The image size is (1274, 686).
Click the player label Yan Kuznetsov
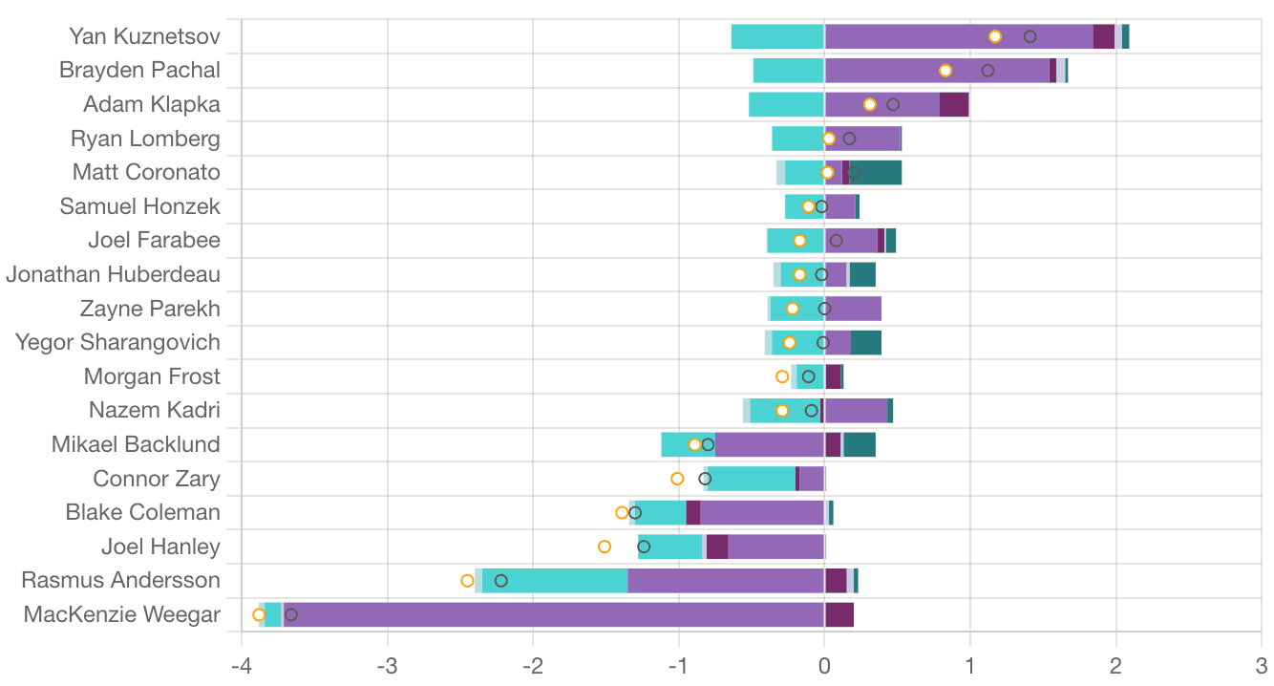coord(144,36)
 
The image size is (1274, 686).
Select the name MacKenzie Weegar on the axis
coord(121,614)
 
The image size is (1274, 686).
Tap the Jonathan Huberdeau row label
coord(113,275)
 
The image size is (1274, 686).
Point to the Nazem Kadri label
coord(154,411)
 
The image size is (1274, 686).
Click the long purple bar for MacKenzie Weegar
coord(554,614)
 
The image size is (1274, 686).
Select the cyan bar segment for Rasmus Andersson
coord(554,581)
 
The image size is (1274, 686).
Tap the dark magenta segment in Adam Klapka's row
coord(953,104)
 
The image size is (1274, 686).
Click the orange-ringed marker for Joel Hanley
coord(605,547)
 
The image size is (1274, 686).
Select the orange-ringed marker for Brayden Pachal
coord(945,71)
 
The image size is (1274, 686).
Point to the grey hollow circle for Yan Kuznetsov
coord(1030,36)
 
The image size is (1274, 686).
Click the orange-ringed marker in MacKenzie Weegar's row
coord(259,614)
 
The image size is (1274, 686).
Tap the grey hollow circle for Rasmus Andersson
coord(500,581)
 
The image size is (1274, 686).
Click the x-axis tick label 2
coord(1115,666)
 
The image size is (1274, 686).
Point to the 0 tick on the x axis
coord(824,666)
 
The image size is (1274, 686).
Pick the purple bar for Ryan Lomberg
coord(862,139)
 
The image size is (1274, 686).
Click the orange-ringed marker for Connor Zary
coord(677,479)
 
